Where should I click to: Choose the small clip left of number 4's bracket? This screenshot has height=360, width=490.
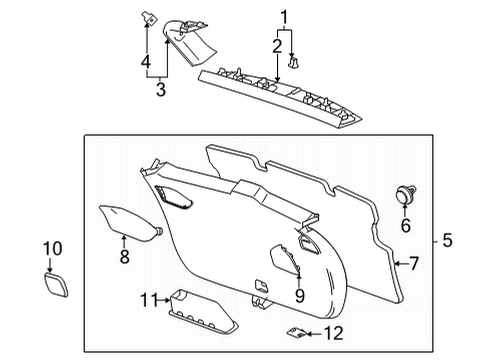click(x=148, y=17)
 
